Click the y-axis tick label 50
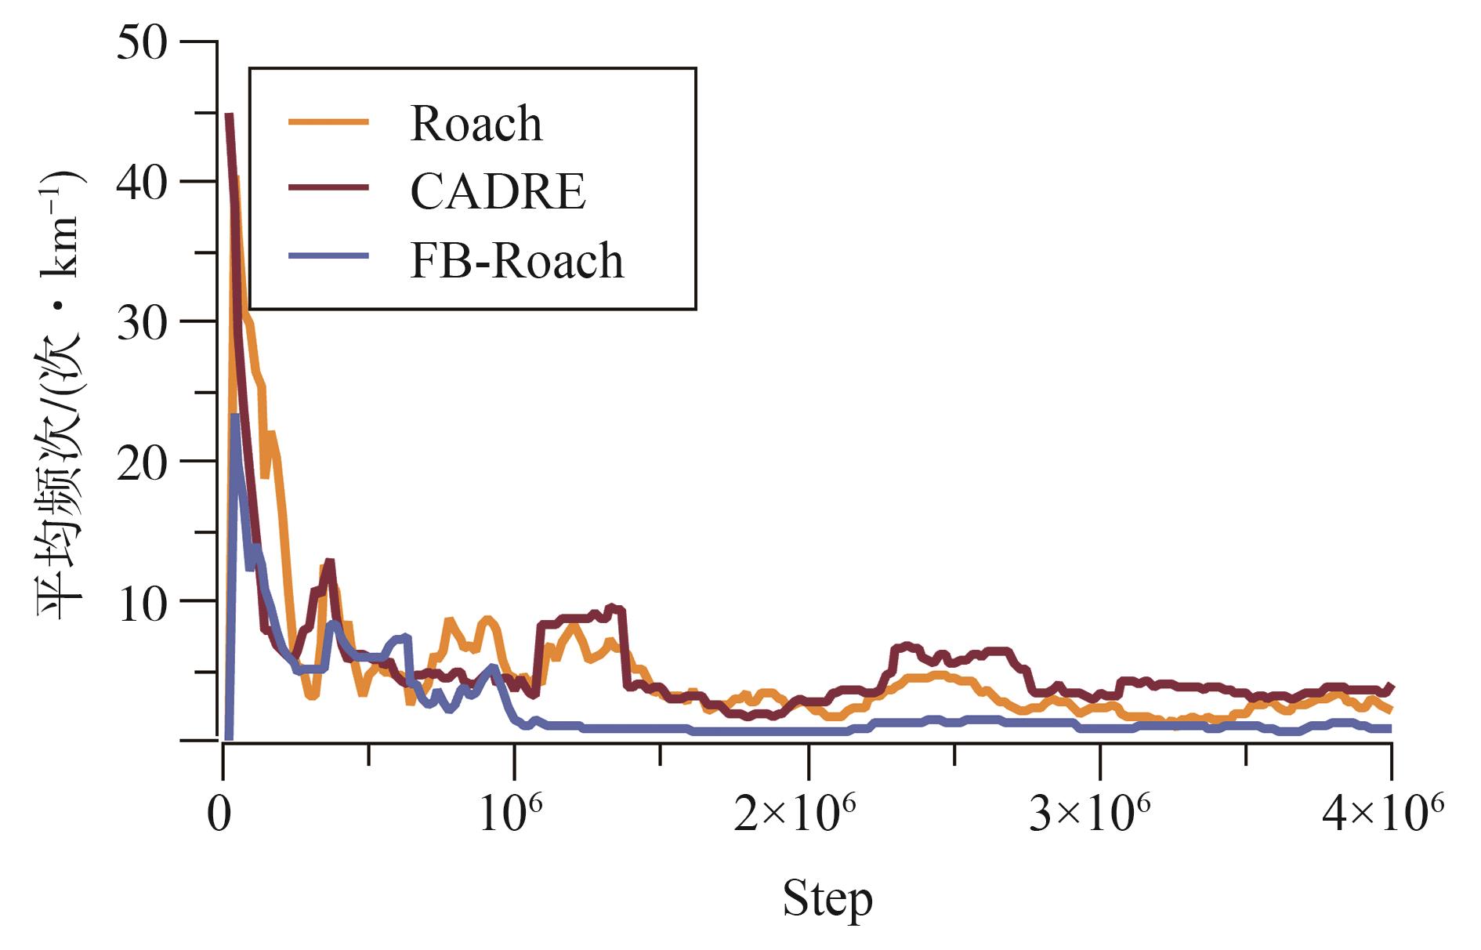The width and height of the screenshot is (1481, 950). click(142, 44)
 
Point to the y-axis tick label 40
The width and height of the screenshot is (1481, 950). click(142, 183)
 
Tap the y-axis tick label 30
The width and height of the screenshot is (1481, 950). click(142, 323)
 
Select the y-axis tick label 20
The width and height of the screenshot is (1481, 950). click(142, 462)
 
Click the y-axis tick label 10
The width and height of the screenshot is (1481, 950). click(142, 604)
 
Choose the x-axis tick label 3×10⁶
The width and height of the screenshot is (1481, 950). click(1088, 813)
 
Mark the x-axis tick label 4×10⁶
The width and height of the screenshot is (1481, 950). click(1382, 813)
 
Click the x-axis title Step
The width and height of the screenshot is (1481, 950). click(827, 900)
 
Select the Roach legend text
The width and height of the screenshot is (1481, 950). click(476, 124)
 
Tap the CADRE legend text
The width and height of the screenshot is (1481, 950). click(498, 191)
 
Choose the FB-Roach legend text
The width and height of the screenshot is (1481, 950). click(516, 260)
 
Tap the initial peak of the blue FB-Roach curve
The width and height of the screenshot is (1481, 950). click(234, 417)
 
